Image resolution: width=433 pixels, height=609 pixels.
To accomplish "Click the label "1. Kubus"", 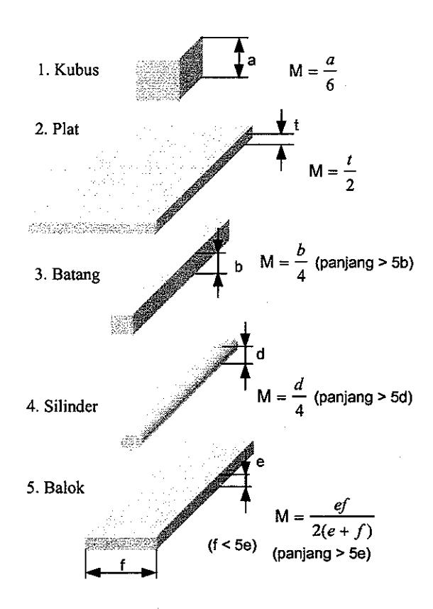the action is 68,70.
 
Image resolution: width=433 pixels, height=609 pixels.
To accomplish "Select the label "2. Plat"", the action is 57,128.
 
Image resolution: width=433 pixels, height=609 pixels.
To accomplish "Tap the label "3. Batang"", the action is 67,275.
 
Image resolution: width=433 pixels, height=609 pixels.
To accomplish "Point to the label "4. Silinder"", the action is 62,406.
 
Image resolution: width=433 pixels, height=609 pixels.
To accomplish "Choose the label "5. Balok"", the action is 55,488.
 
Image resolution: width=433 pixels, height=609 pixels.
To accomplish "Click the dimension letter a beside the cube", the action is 252,60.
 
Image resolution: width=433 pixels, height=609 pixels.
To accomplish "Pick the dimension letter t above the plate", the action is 296,126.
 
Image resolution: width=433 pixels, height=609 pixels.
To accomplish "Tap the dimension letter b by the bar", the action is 239,267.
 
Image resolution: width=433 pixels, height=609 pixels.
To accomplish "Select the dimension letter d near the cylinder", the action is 261,353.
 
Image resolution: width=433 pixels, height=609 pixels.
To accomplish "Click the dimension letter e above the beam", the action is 261,462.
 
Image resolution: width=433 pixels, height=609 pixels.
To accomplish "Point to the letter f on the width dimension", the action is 122,565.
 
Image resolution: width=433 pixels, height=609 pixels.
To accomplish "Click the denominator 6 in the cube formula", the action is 329,85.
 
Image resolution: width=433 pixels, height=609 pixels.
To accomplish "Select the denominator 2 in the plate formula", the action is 349,185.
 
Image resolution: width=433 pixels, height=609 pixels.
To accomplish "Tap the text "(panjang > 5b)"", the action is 364,263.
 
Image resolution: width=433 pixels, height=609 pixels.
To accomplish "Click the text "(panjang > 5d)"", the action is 363,397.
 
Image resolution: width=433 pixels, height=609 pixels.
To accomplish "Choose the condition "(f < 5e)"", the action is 232,545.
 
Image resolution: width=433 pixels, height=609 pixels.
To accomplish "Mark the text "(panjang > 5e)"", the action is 322,554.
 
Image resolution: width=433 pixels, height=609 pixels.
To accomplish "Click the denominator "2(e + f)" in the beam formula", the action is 342,530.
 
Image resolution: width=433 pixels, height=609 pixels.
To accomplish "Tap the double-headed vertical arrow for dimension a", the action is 240,57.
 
